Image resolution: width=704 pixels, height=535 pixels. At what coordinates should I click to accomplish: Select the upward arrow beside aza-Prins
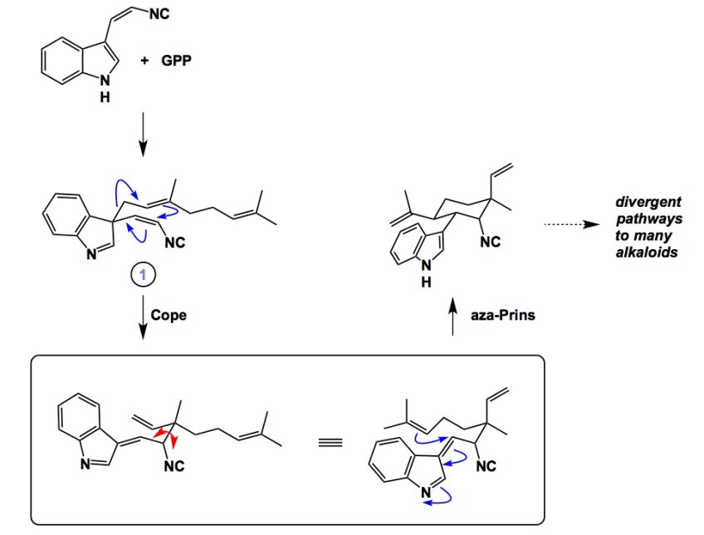point(453,318)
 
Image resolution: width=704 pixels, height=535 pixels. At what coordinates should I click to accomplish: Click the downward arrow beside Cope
point(142,318)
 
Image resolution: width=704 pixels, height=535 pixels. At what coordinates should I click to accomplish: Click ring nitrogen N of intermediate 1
point(92,256)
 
